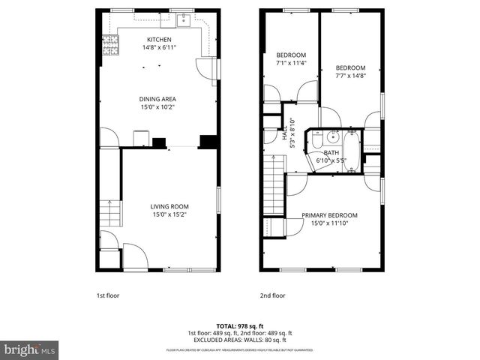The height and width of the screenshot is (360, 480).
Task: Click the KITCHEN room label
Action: (158, 40)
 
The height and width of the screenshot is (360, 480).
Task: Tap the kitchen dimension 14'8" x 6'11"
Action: (158, 48)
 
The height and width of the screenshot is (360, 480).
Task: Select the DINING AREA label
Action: (157, 99)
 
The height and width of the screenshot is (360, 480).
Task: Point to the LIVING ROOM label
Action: (169, 206)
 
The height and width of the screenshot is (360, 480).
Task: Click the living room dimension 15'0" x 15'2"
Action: (169, 214)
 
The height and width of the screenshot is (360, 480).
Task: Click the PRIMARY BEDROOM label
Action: (329, 215)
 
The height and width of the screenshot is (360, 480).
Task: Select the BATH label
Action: (331, 152)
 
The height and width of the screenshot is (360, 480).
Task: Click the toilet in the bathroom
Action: (317, 140)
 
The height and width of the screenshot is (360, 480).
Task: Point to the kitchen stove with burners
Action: (111, 45)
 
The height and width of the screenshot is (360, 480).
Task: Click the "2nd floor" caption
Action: (272, 295)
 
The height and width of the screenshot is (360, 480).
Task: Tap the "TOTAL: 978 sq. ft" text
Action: (240, 326)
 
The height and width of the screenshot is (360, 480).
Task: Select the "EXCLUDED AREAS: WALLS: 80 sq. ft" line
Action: (240, 339)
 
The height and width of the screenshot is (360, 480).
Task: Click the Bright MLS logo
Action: (30, 349)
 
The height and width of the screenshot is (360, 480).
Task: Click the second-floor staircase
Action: (274, 190)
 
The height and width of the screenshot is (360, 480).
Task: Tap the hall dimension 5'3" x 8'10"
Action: (292, 134)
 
